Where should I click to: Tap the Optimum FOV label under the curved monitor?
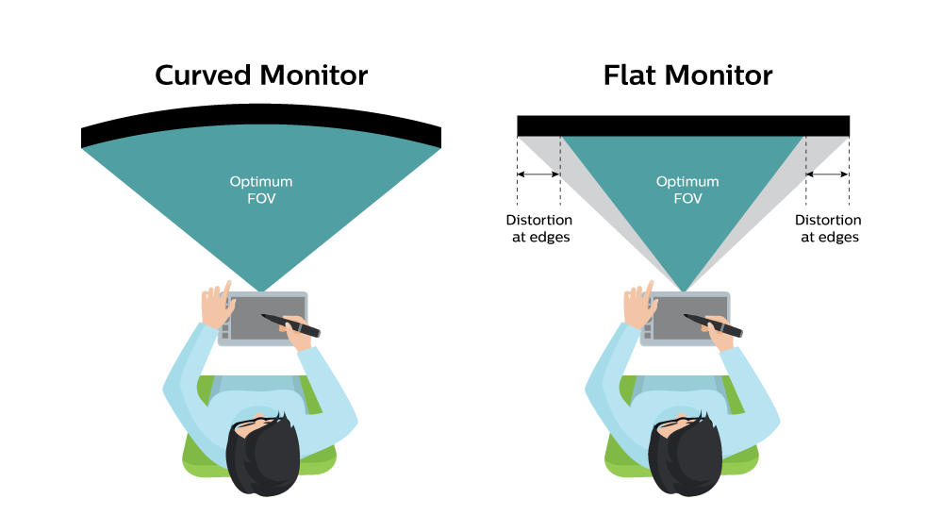pyautogui.click(x=261, y=188)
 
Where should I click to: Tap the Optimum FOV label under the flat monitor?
pyautogui.click(x=687, y=188)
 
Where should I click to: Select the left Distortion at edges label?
pyautogui.click(x=538, y=228)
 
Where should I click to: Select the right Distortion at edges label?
pyautogui.click(x=829, y=228)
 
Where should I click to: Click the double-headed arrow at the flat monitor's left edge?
pyautogui.click(x=538, y=175)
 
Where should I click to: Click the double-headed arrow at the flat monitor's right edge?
pyautogui.click(x=828, y=175)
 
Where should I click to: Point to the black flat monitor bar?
pyautogui.click(x=683, y=125)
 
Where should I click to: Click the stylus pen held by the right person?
pyautogui.click(x=713, y=324)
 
